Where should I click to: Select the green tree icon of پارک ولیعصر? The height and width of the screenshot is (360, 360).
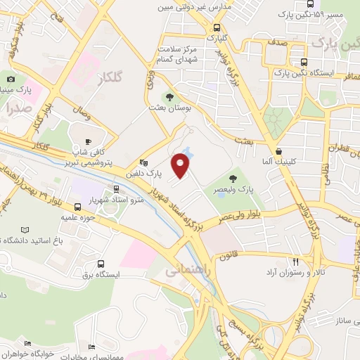point(233,179)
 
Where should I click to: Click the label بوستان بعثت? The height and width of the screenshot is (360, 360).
point(167,108)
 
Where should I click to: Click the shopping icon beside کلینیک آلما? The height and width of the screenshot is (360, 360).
point(279,150)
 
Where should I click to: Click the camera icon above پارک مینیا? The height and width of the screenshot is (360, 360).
point(11,79)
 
